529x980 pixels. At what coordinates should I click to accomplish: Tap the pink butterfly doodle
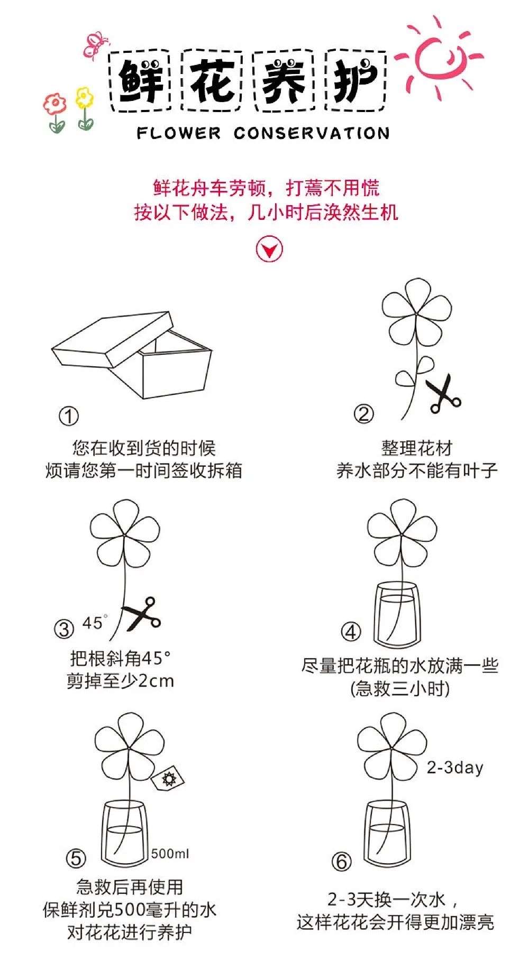[96, 44]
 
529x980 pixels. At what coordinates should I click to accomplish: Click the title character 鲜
[141, 80]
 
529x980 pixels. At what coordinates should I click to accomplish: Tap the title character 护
[355, 80]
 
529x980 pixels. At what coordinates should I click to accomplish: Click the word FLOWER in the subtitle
[178, 133]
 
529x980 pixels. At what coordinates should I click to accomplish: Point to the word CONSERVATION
[312, 133]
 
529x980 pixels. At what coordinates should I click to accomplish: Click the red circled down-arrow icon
[269, 249]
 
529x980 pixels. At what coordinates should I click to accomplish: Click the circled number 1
[68, 416]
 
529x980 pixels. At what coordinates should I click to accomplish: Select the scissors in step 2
[443, 394]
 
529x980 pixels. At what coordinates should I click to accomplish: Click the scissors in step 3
[141, 613]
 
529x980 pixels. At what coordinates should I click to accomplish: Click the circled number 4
[351, 632]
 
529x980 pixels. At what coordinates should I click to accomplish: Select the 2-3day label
[455, 768]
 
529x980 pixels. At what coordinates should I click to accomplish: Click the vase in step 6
[387, 834]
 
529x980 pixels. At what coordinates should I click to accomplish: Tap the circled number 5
[76, 858]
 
